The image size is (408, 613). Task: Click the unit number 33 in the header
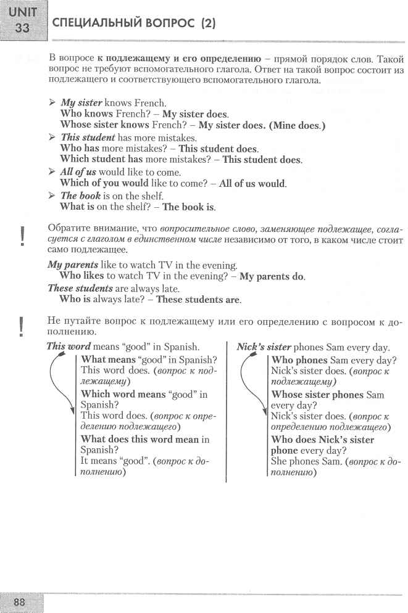tap(22, 28)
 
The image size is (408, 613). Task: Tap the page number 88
tap(22, 602)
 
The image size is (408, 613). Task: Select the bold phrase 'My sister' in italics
tap(81, 102)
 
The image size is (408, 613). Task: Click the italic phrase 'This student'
tap(88, 138)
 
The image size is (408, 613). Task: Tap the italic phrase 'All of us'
tap(78, 172)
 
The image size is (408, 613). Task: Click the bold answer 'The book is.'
tap(189, 207)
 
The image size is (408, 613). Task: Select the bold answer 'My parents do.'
tap(272, 276)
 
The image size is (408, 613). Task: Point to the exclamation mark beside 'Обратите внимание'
tap(22, 236)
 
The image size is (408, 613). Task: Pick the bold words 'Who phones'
tap(299, 360)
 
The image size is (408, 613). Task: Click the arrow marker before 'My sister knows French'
tap(52, 102)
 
